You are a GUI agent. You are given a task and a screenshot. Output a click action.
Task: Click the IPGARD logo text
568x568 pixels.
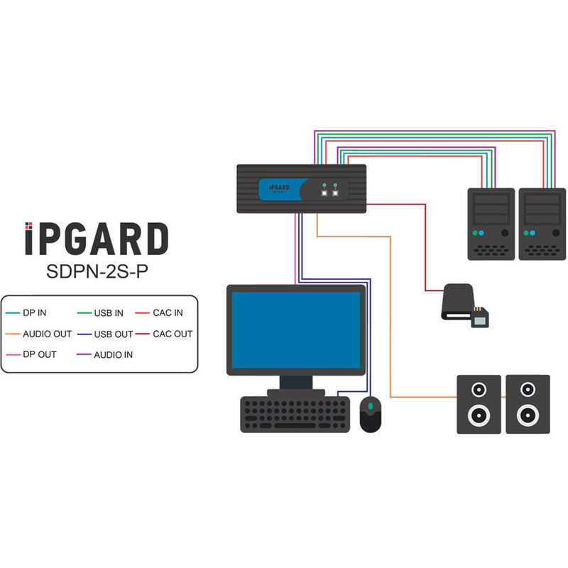click(x=97, y=239)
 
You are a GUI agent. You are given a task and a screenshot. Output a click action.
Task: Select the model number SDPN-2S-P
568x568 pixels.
click(x=97, y=272)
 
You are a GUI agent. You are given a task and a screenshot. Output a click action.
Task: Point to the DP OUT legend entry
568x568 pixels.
click(x=40, y=354)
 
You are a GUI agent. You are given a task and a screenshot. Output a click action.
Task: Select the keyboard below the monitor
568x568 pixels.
click(x=295, y=413)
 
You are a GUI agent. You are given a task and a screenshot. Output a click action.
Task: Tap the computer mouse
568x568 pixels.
click(x=371, y=414)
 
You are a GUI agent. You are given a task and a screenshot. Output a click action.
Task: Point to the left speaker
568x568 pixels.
click(x=479, y=403)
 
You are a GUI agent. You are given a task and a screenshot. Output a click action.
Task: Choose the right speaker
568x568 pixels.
click(x=526, y=403)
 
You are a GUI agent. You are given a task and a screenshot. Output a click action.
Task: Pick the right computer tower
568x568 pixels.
click(x=542, y=223)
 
